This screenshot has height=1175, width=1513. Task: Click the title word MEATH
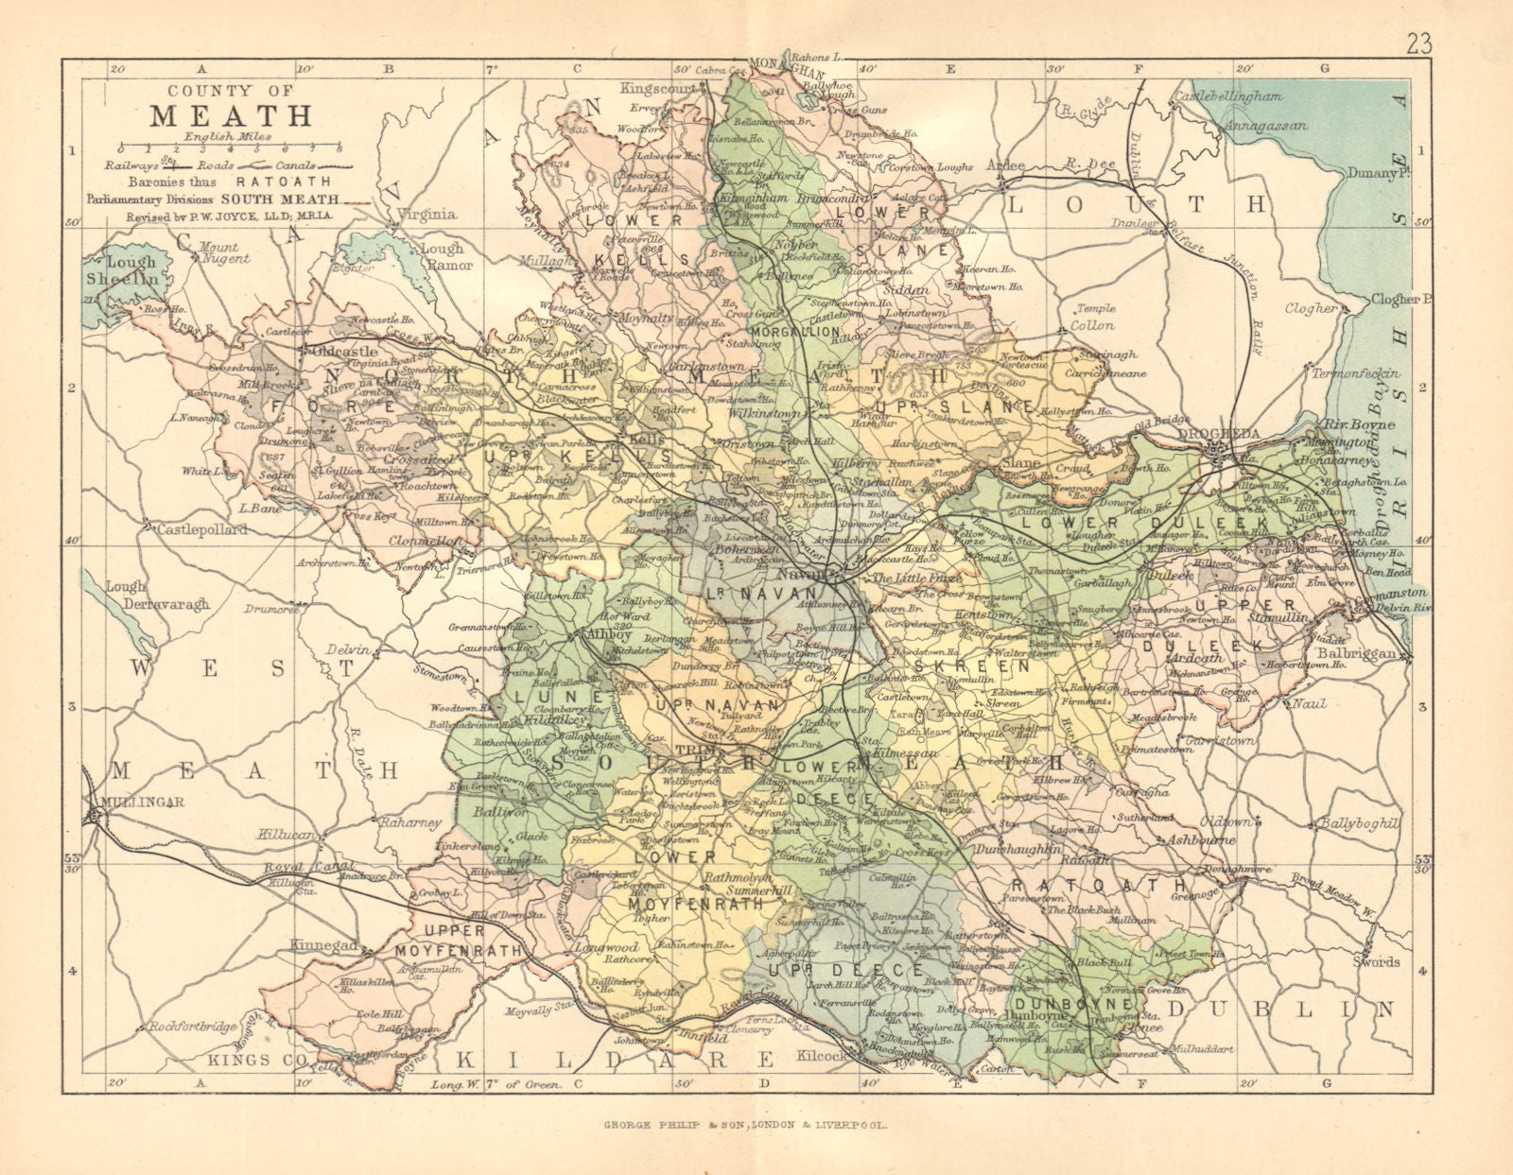[231, 116]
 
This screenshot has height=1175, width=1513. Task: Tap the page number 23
[1418, 43]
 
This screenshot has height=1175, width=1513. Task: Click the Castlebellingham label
[1227, 96]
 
